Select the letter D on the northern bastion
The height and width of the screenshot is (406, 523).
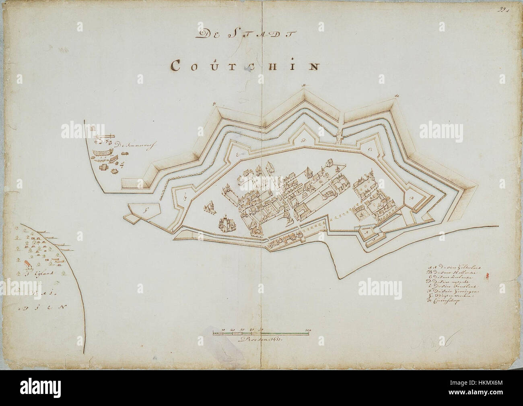(302, 141)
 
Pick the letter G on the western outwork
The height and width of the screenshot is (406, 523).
(146, 209)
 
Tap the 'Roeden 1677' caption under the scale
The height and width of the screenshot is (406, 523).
(261, 340)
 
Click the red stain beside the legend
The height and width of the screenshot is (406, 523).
(487, 276)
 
